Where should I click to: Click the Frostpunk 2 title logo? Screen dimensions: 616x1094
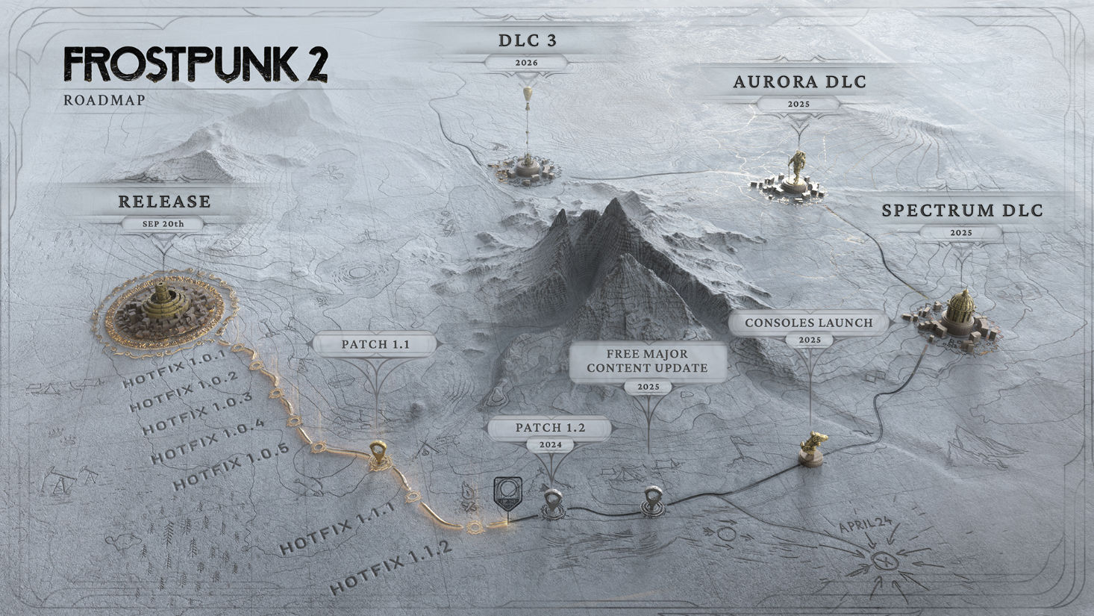tap(196, 65)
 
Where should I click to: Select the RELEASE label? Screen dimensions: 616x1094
tap(164, 202)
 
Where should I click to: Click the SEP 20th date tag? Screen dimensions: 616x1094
tap(163, 224)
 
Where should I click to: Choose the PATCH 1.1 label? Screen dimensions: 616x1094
tap(375, 344)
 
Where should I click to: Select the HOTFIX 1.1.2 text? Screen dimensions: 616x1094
tap(390, 566)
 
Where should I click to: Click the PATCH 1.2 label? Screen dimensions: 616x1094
tap(550, 428)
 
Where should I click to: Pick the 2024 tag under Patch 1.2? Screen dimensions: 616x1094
tap(551, 445)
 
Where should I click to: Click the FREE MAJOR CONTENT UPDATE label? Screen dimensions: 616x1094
tap(647, 361)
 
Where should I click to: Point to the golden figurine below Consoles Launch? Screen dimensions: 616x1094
tap(811, 447)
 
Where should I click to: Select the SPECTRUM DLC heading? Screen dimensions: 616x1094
tap(962, 211)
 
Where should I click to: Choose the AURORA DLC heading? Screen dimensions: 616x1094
tap(799, 81)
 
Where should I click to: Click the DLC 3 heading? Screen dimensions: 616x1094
tap(528, 41)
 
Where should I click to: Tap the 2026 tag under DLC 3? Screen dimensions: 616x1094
tap(527, 63)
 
